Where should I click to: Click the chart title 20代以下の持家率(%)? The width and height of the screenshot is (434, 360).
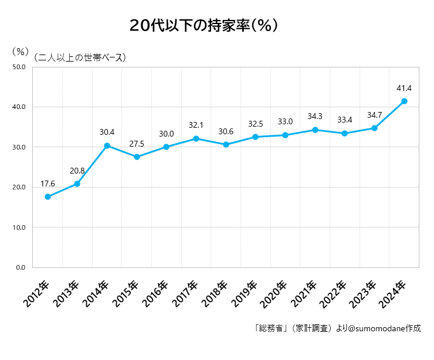point(204,26)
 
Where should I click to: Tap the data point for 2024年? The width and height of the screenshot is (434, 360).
point(404,101)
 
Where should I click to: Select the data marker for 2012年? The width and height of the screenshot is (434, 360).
point(48,197)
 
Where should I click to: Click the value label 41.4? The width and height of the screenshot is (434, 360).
point(404,89)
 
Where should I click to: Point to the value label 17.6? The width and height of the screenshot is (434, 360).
point(48,184)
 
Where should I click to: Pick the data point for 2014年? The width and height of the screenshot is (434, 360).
point(107,145)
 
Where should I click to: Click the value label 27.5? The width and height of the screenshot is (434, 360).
point(137,144)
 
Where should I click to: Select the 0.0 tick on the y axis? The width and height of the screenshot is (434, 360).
point(21,267)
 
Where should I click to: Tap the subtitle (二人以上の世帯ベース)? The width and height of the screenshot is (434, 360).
point(80,57)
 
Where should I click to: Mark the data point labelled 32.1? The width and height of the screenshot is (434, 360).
point(196,138)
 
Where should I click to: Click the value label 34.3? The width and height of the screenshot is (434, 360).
point(315,117)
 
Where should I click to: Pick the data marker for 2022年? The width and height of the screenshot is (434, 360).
point(345,133)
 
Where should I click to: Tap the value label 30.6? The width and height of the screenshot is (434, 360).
point(226,131)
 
